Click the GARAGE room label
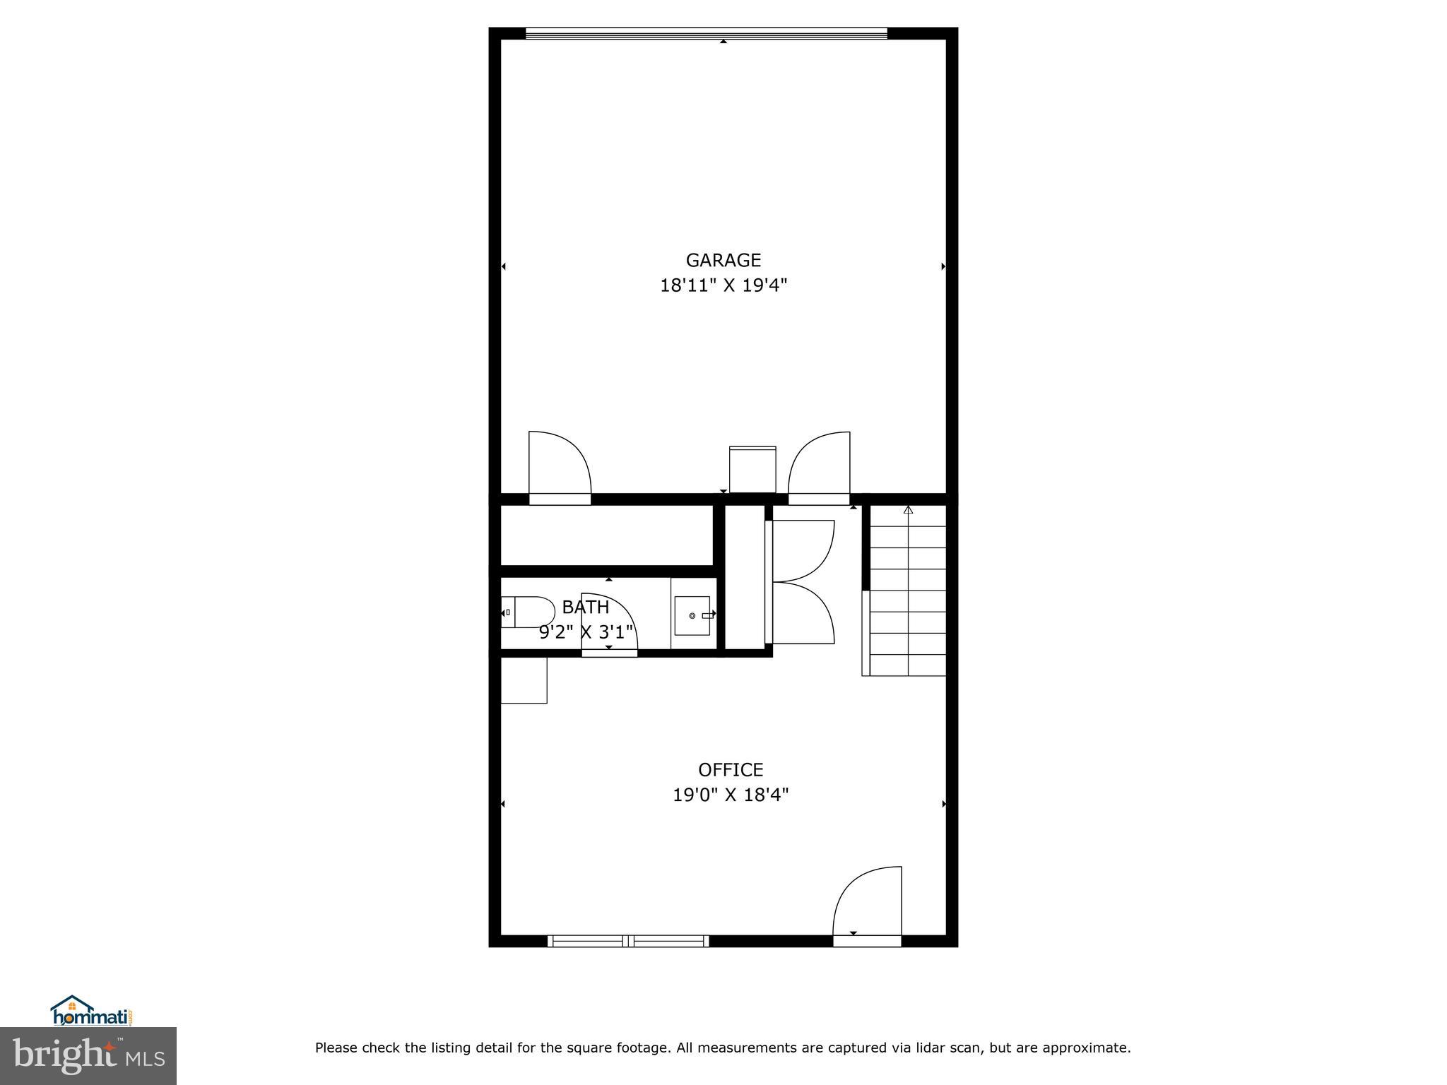coord(723,261)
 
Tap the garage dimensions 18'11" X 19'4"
coord(723,285)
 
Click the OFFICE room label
coord(730,769)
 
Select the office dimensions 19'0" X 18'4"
coord(730,795)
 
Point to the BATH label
coord(585,607)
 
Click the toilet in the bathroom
coord(528,612)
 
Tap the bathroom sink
coord(692,616)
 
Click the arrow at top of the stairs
coord(908,509)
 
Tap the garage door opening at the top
coord(706,32)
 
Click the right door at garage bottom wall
coord(820,466)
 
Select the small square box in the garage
coord(752,470)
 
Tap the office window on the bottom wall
coord(628,940)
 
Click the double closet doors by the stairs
coord(803,582)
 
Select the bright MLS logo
coord(88,1056)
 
